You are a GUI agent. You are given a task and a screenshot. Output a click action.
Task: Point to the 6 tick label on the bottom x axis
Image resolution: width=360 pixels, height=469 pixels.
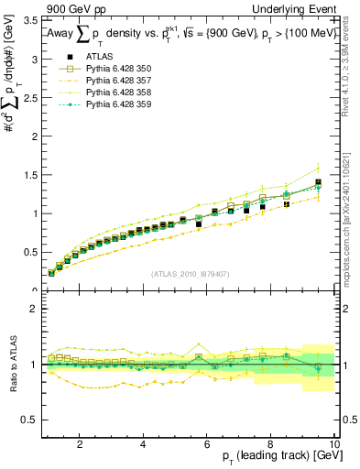tap(207, 443)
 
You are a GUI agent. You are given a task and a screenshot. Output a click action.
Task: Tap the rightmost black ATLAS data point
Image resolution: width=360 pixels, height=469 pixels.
tap(318, 183)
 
